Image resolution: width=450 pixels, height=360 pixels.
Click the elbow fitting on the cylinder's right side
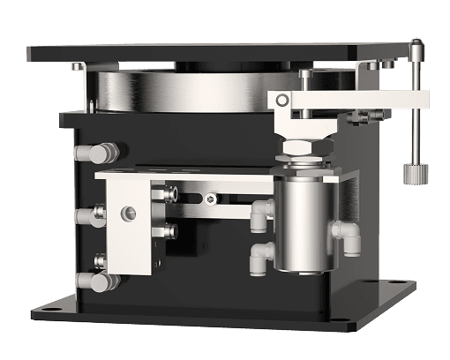pyautogui.click(x=346, y=236)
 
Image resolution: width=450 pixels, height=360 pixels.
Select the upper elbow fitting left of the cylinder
pyautogui.click(x=261, y=212)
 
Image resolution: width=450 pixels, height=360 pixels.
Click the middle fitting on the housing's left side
pyautogui.click(x=90, y=215)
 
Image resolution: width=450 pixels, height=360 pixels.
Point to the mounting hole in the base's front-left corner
pyautogui.click(x=45, y=311)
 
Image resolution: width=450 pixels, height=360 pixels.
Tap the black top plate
pyautogui.click(x=221, y=53)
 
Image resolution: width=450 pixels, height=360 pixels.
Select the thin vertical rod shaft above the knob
pyautogui.click(x=413, y=115)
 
